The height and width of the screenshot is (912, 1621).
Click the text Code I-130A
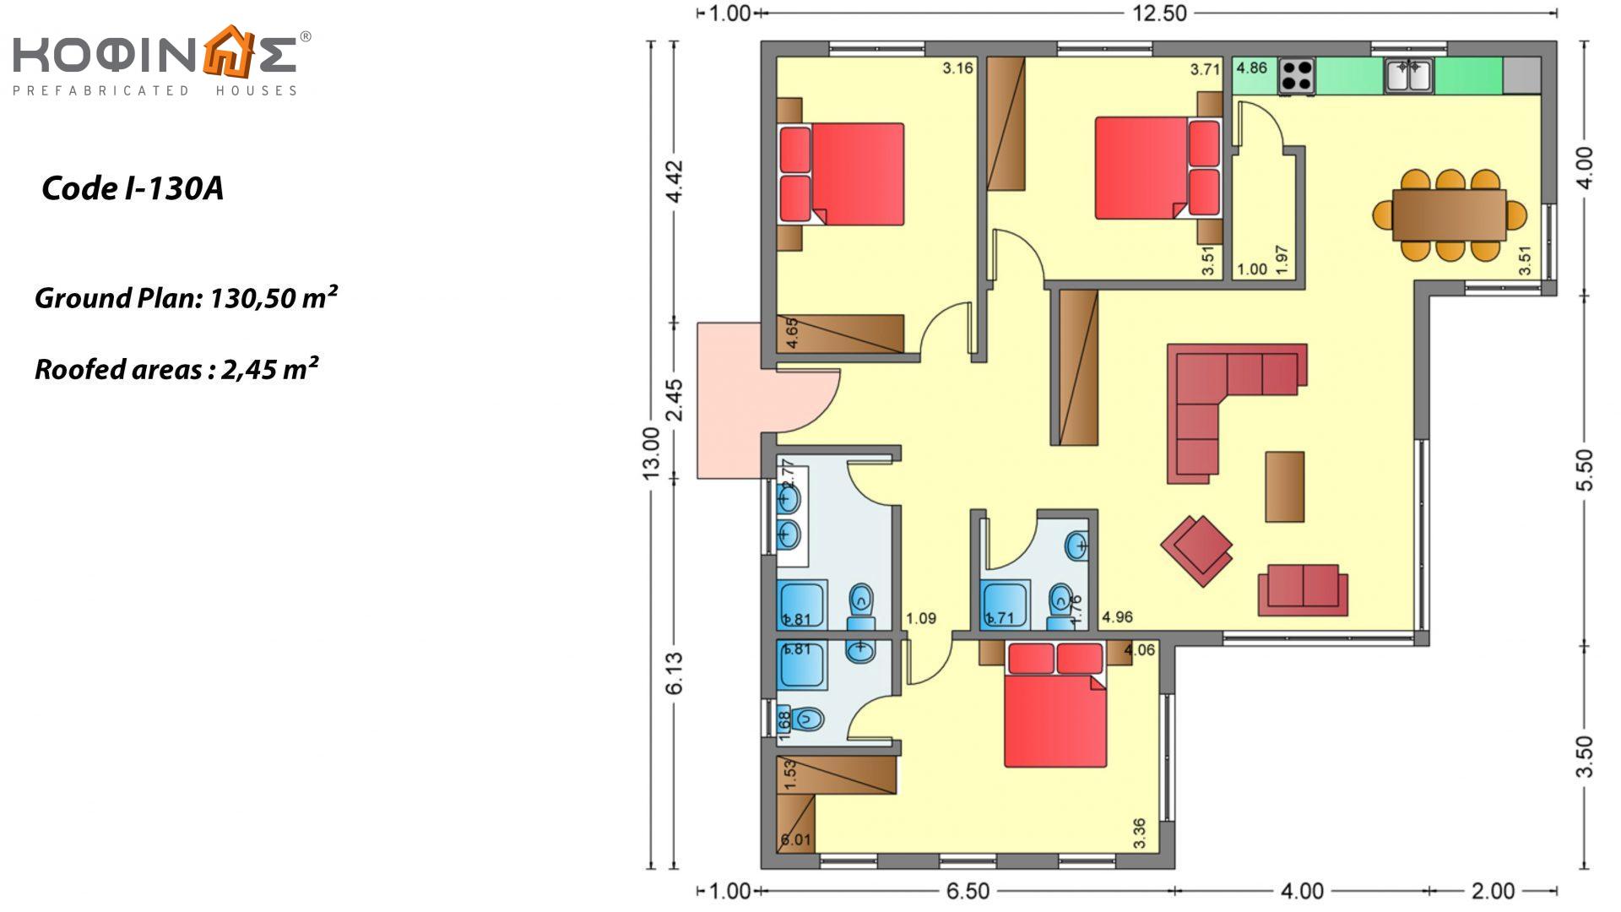pos(132,188)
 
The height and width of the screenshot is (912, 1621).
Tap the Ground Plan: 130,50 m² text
pos(186,298)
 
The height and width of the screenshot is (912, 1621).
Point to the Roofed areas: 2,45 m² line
pos(176,369)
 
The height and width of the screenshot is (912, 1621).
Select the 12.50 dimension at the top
pos(1158,14)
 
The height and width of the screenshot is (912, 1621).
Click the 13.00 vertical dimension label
pos(651,453)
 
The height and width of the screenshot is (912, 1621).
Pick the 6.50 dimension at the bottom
pos(968,891)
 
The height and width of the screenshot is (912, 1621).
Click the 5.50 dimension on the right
pos(1585,470)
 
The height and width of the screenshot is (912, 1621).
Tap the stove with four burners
pos(1297,75)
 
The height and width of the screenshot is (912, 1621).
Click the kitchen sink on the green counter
pos(1407,74)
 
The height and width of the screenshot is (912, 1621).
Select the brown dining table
pos(1449,215)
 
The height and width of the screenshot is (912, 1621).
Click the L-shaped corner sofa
pos(1216,397)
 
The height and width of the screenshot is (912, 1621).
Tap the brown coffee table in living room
pos(1284,486)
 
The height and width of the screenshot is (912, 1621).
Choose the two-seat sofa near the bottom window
pos(1303,589)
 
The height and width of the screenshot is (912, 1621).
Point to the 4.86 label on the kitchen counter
pos(1251,68)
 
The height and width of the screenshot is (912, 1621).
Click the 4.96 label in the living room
pos(1117,617)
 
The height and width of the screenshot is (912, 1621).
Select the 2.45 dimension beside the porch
pos(674,399)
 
